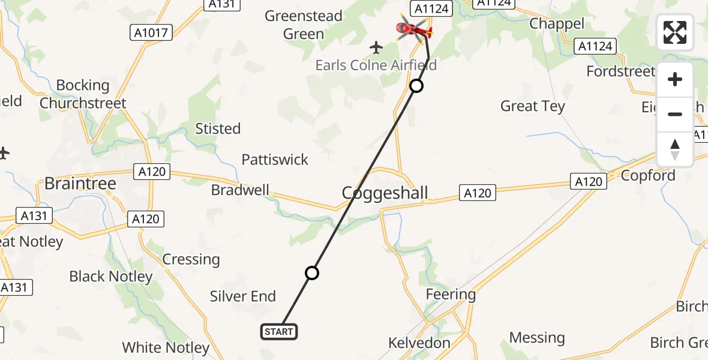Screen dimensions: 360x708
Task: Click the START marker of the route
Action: (x=279, y=331)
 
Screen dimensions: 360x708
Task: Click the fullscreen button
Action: (x=675, y=32)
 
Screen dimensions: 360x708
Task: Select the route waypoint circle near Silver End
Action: (x=311, y=274)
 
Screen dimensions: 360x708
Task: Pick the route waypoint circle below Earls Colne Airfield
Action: (x=416, y=86)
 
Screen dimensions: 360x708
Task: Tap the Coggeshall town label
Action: (x=385, y=193)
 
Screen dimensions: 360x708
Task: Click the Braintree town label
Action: (x=80, y=184)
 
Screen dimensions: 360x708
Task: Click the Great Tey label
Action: (x=533, y=106)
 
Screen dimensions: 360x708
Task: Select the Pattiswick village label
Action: (x=275, y=160)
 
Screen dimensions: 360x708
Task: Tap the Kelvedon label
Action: (x=419, y=343)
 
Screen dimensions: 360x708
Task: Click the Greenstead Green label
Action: (x=304, y=25)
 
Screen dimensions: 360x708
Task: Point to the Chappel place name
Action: (x=557, y=23)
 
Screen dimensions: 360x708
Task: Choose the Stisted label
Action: (x=218, y=128)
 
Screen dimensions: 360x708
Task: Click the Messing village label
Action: (x=537, y=338)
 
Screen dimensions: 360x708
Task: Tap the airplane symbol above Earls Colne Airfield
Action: (x=376, y=47)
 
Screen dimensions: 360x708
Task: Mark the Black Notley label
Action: (x=111, y=277)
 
